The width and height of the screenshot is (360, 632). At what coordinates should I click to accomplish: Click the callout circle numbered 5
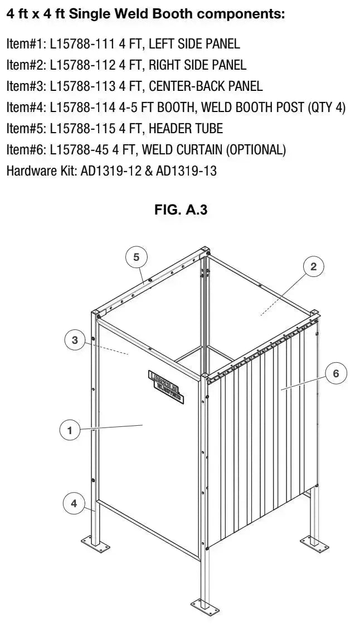137,257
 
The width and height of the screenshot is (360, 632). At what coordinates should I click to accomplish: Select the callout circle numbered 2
314,266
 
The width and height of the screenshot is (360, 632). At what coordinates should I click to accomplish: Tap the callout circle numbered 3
75,340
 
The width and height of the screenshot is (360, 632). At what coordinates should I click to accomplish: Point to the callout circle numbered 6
336,373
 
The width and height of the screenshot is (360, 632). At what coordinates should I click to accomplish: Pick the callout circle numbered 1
70,430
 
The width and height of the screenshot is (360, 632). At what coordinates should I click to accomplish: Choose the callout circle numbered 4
74,503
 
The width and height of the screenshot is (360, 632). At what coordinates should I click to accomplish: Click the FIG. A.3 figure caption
181,210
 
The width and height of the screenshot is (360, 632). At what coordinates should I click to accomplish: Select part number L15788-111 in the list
82,43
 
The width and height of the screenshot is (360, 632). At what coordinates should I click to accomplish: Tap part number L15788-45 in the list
79,149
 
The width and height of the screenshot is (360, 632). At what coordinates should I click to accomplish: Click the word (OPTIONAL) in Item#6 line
256,149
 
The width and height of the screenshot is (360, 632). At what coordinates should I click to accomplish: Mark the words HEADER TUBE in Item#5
186,129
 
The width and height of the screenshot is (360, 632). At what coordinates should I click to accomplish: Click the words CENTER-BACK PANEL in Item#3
206,86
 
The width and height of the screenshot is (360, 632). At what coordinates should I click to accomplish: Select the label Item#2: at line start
26,65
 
